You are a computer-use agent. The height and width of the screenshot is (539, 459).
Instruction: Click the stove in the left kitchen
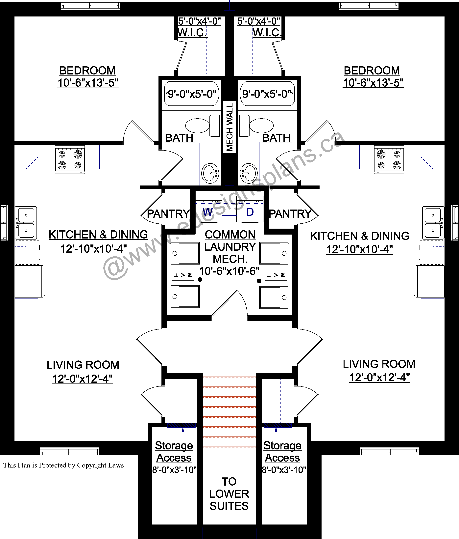pyautogui.click(x=70, y=159)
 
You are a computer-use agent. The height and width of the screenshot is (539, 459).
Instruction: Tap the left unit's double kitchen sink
pyautogui.click(x=26, y=223)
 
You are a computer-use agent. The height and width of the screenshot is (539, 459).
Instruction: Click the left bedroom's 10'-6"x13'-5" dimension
pyautogui.click(x=88, y=83)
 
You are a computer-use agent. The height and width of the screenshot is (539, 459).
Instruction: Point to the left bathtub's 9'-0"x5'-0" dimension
pyautogui.click(x=192, y=94)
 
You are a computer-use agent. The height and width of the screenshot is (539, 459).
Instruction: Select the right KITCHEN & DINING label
pyautogui.click(x=360, y=236)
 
